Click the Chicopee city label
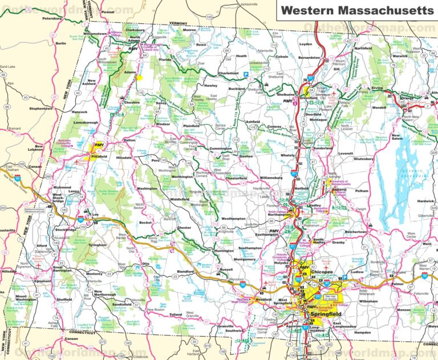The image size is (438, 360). pos(322,273)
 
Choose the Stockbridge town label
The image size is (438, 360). pos(66,230)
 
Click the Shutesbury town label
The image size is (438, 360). pos(366,160)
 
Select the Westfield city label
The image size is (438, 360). pos(263,300)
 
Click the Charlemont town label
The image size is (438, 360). pos(228,73)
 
